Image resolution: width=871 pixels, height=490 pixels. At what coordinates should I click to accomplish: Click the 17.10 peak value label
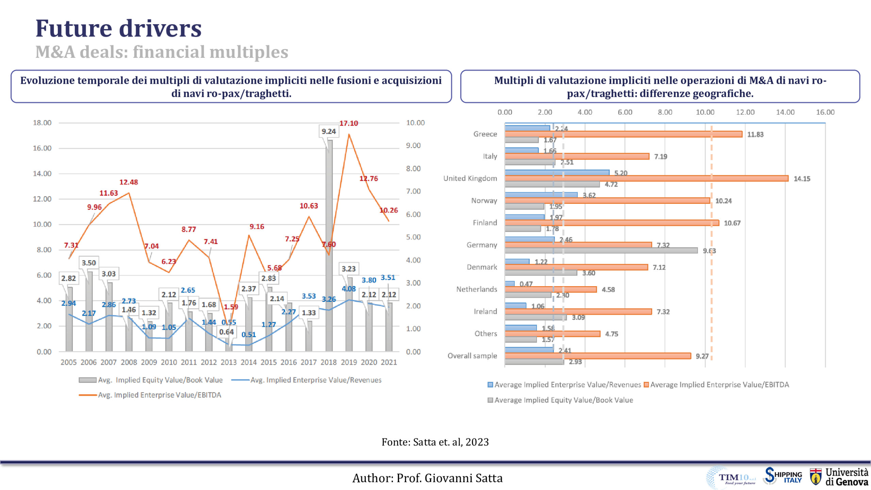pos(349,123)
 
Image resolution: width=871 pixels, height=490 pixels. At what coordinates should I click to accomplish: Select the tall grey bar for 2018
pos(329,245)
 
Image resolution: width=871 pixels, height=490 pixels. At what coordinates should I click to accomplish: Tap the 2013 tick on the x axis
pos(228,362)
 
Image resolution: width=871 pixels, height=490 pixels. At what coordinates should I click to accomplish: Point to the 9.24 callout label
pos(329,131)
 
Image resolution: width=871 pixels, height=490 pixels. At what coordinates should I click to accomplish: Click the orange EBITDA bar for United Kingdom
pos(646,178)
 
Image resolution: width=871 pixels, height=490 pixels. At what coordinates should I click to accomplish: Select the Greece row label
pos(485,134)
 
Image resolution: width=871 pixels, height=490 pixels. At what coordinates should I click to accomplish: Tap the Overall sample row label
pos(472,356)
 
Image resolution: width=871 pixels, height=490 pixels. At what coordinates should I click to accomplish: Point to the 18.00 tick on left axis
pos(42,123)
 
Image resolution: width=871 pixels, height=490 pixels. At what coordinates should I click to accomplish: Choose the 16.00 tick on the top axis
pos(825,112)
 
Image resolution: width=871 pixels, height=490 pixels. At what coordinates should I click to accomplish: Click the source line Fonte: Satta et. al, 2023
pos(435,442)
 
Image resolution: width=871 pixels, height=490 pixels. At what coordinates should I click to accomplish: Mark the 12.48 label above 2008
pos(129,182)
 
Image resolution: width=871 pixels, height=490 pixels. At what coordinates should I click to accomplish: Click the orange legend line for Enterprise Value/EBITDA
pos(88,395)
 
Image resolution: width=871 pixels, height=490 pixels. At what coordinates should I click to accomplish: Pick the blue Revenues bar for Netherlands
pos(510,284)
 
